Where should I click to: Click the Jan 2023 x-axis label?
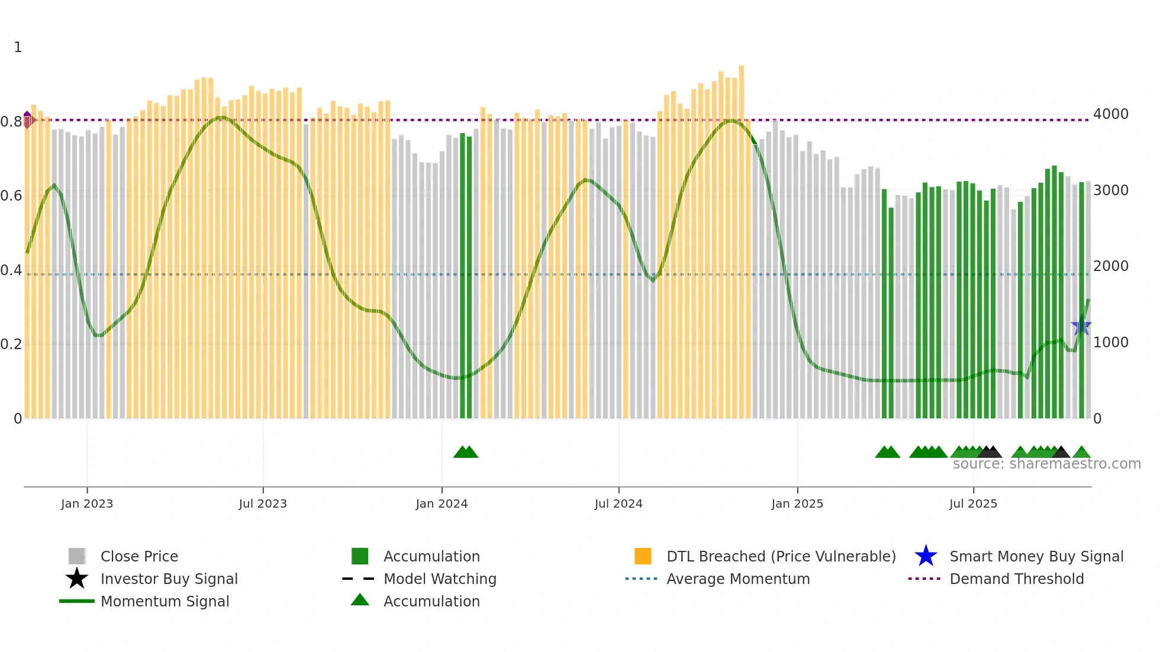[86, 503]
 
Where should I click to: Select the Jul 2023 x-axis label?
[263, 503]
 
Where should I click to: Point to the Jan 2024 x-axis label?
[442, 503]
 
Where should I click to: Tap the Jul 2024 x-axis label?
[618, 503]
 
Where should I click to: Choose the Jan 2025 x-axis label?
[797, 503]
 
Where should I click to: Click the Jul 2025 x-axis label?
[973, 503]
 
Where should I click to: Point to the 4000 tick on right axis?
[1111, 114]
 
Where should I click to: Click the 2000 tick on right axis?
[1111, 266]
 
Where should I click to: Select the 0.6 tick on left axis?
[11, 196]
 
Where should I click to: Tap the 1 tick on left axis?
[18, 47]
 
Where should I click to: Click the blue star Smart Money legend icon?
[926, 556]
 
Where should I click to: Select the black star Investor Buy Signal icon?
[77, 579]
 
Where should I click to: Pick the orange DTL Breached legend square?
[643, 556]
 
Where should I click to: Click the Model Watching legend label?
[440, 579]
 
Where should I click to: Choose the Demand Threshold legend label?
[1016, 579]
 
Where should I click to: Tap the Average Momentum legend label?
[738, 579]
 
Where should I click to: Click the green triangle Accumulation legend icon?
[360, 601]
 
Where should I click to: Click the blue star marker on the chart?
[1081, 326]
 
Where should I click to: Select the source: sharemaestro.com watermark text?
[1046, 464]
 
